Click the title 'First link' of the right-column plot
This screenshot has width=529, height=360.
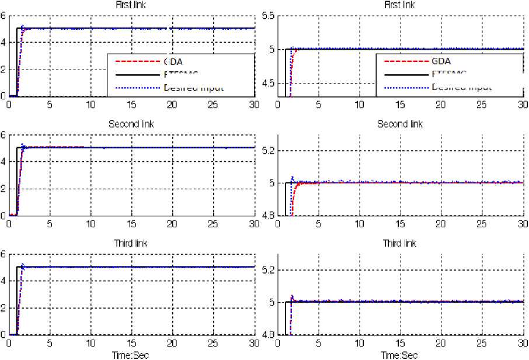(400, 5)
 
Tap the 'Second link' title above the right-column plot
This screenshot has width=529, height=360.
(400, 124)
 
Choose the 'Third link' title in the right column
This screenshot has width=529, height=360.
(400, 243)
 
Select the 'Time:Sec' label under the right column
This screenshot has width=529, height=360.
(400, 355)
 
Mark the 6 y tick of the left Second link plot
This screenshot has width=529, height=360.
(4, 135)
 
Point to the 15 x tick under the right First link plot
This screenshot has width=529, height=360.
(400, 105)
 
